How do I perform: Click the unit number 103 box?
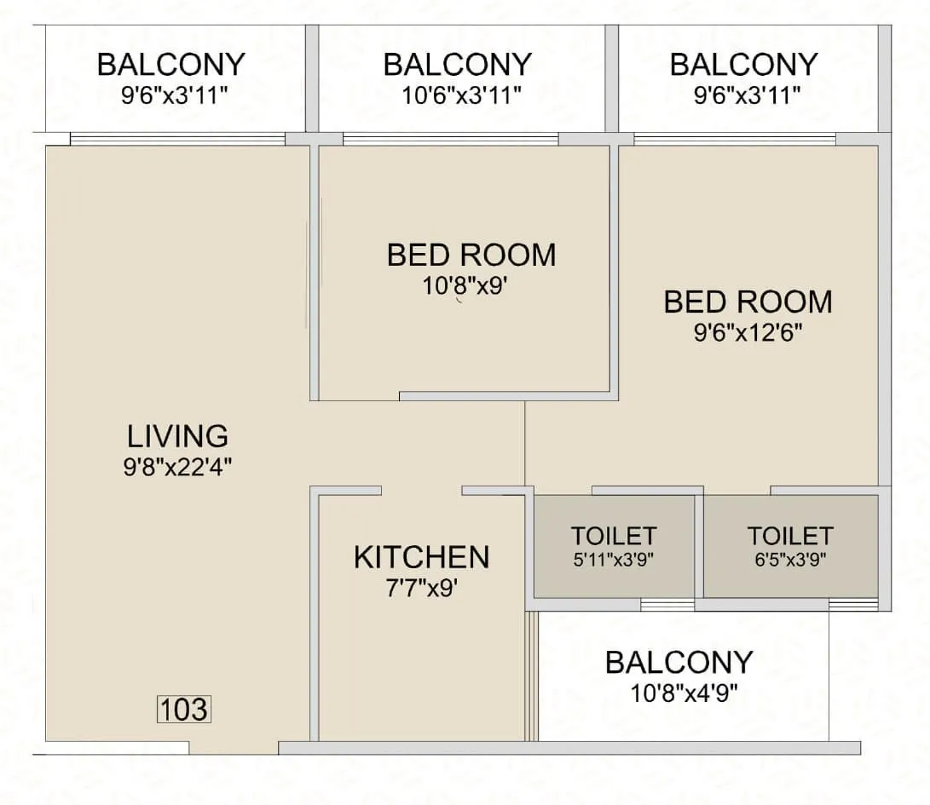click(x=184, y=709)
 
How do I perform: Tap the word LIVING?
click(x=177, y=436)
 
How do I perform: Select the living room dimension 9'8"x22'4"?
click(x=177, y=466)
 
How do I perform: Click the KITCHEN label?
click(x=421, y=558)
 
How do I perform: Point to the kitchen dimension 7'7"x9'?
click(x=421, y=588)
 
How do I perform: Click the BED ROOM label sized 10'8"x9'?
click(x=471, y=255)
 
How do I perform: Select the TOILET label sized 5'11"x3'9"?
click(x=613, y=536)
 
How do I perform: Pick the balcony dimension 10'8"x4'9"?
click(x=679, y=693)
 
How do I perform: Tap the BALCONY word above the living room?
click(x=170, y=65)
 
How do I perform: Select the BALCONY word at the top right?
click(x=743, y=65)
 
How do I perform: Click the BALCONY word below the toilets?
click(x=679, y=663)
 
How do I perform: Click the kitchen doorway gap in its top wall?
click(x=421, y=491)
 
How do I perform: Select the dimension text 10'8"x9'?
click(x=465, y=286)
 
